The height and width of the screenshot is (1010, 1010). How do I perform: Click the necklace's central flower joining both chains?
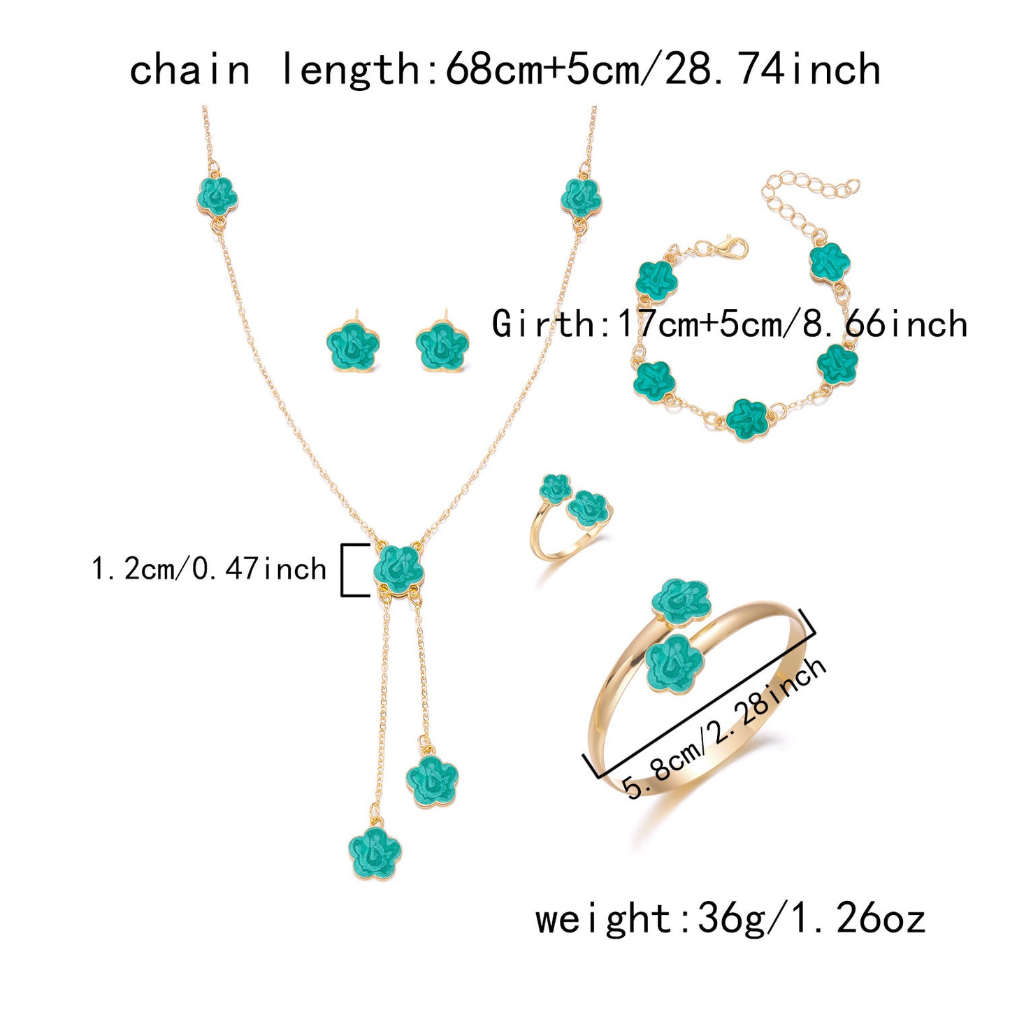[398, 570]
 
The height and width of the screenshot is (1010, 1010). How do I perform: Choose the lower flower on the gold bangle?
[674, 663]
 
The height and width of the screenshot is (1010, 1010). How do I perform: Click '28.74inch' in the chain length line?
[772, 70]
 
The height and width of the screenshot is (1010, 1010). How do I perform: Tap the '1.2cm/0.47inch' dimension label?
[208, 569]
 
